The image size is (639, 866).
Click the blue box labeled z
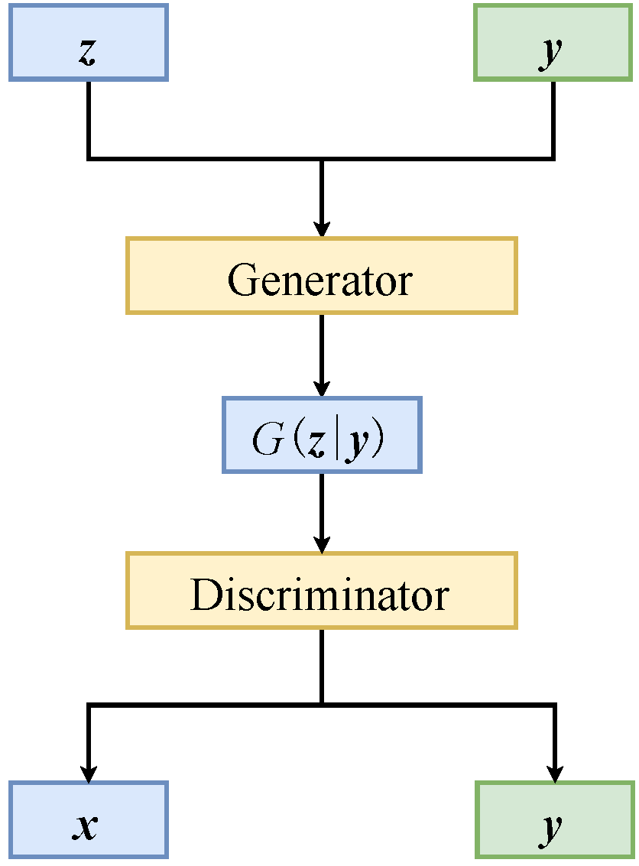[x=88, y=42]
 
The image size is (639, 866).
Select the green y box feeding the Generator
[x=553, y=42]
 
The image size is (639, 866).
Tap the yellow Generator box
[x=321, y=275]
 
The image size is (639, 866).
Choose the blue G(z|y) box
[x=321, y=435]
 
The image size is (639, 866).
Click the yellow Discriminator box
[x=321, y=591]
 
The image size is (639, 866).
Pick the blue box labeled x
[x=88, y=819]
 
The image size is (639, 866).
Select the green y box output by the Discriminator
[x=553, y=819]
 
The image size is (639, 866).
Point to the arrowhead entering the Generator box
[x=322, y=229]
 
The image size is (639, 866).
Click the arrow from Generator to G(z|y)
[x=322, y=355]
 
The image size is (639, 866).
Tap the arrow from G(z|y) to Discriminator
[x=322, y=512]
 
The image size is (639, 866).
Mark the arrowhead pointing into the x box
[x=89, y=773]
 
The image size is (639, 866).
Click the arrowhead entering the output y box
[x=554, y=773]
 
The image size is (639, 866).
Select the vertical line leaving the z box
[x=89, y=118]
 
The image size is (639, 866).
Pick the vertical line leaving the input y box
[x=553, y=118]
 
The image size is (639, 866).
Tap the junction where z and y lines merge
[x=322, y=159]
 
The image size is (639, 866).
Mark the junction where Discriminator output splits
[x=322, y=703]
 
